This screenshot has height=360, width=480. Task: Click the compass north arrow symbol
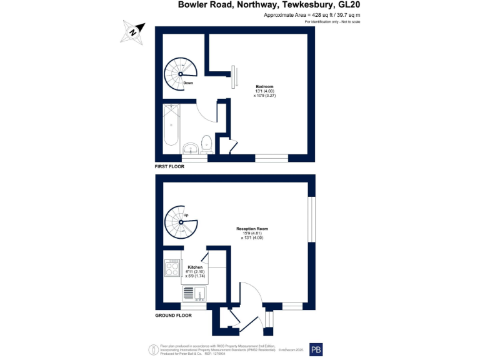click(132, 31)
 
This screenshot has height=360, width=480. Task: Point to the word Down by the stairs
click(188, 82)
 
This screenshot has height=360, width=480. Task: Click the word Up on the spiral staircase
click(186, 215)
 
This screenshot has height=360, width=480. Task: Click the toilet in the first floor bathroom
click(207, 144)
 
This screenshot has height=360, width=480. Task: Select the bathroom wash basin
click(191, 147)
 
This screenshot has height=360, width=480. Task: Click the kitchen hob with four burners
click(171, 268)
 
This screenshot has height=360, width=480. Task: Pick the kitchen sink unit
click(193, 292)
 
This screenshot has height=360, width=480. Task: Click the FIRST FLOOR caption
click(169, 167)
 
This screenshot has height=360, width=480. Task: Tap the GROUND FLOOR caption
click(173, 316)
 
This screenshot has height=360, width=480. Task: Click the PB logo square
click(316, 350)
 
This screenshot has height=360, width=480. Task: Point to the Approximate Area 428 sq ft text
click(312, 15)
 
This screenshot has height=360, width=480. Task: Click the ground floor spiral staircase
click(179, 222)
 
